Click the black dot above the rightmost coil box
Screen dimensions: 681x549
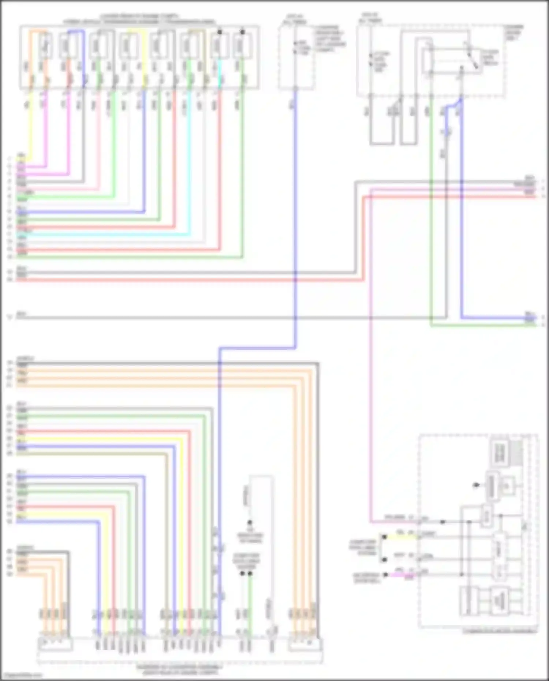242,32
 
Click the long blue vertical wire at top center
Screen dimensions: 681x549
295,220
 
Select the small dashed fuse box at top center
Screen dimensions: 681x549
296,57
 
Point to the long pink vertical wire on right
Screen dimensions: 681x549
370,366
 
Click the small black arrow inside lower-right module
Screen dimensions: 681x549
476,485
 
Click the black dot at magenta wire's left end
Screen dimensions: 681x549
385,575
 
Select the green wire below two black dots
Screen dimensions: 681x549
250,600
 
